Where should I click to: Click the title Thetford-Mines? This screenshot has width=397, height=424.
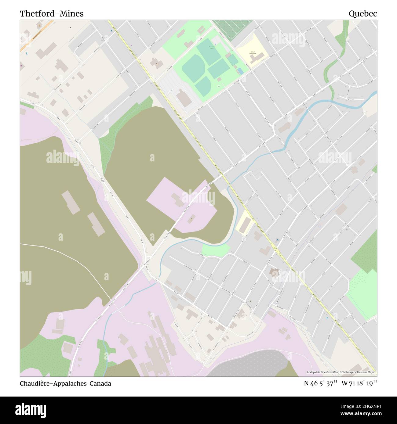coord(52,14)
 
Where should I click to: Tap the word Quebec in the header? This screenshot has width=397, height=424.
coord(363,14)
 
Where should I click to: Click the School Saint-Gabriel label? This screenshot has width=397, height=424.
coord(253,53)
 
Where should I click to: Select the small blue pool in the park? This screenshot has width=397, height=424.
coord(240,71)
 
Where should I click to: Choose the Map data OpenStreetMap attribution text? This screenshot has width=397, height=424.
coord(341,372)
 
